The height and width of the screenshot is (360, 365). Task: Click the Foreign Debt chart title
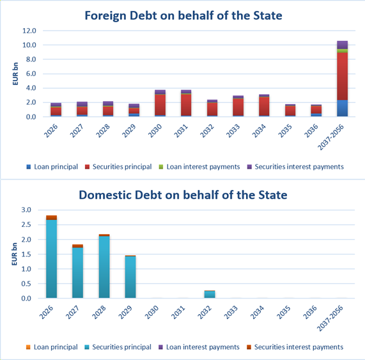183,16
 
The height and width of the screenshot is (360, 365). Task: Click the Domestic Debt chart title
183,195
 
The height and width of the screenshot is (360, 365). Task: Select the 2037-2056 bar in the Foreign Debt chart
342,79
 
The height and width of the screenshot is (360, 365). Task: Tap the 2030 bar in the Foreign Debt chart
160,103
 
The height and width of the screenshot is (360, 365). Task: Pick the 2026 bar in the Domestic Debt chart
51,257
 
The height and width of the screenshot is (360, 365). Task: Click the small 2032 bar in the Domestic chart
210,294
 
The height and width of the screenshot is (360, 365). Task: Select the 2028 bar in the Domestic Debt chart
104,266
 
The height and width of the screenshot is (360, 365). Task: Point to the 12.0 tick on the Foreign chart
29,31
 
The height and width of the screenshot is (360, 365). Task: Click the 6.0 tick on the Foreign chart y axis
31,74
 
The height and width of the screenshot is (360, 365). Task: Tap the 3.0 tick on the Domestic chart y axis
26,210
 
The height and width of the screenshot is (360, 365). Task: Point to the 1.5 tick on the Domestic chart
26,254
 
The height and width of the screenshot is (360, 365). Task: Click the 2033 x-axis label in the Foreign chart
233,130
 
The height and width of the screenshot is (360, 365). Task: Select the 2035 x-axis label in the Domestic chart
284,312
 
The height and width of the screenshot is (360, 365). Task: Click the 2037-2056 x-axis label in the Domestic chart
330,318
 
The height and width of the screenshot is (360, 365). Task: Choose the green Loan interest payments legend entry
199,167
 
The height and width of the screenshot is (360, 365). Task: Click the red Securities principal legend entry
118,167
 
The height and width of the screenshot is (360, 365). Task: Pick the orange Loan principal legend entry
52,347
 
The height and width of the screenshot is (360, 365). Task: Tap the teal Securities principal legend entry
118,347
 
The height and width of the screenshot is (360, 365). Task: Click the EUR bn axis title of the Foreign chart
15,74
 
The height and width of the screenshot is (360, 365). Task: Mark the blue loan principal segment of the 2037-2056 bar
342,108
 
